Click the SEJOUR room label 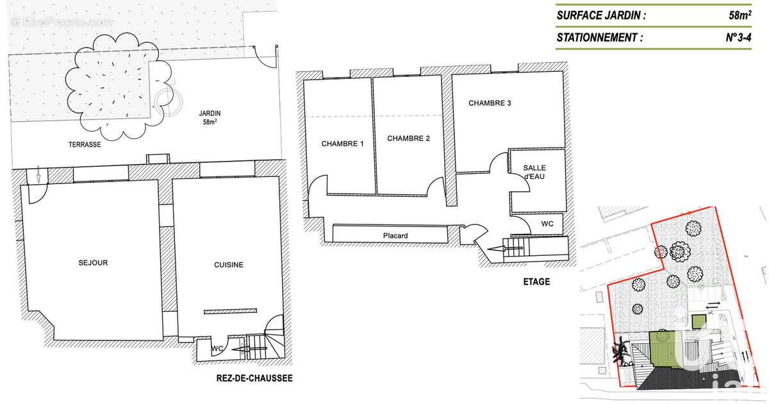pyautogui.click(x=93, y=262)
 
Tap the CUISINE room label pyautogui.click(x=228, y=265)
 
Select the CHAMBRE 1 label pyautogui.click(x=342, y=144)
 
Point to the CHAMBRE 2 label pyautogui.click(x=408, y=139)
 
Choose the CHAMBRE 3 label pyautogui.click(x=490, y=103)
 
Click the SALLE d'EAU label pyautogui.click(x=534, y=172)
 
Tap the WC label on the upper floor pyautogui.click(x=547, y=224)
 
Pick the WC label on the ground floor pyautogui.click(x=217, y=349)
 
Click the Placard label pyautogui.click(x=395, y=235)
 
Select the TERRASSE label pyautogui.click(x=85, y=145)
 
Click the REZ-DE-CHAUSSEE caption pyautogui.click(x=254, y=378)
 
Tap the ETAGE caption pyautogui.click(x=536, y=282)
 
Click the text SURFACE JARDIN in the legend pyautogui.click(x=601, y=14)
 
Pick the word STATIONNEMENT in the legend pyautogui.click(x=599, y=37)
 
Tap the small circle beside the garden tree pyautogui.click(x=164, y=97)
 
